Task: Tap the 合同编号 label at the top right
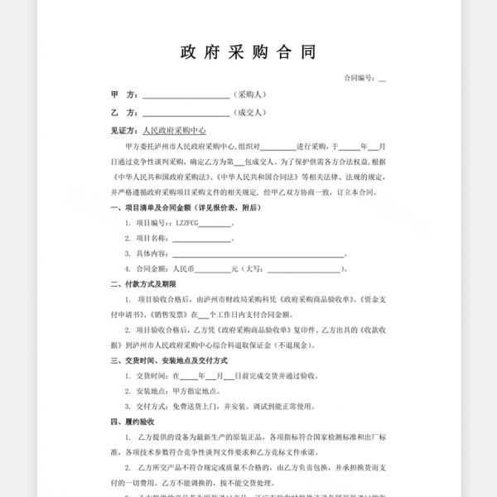pyautogui.click(x=359, y=78)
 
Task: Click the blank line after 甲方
pyautogui.click(x=186, y=96)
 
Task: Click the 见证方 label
pyautogui.click(x=125, y=131)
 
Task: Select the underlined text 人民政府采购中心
pyautogui.click(x=174, y=131)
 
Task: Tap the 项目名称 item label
pyautogui.click(x=152, y=238)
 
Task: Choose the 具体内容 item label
pyautogui.click(x=152, y=253)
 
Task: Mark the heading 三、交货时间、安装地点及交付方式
pyautogui.click(x=170, y=361)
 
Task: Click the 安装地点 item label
pyautogui.click(x=152, y=391)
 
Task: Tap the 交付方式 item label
pyautogui.click(x=152, y=407)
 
